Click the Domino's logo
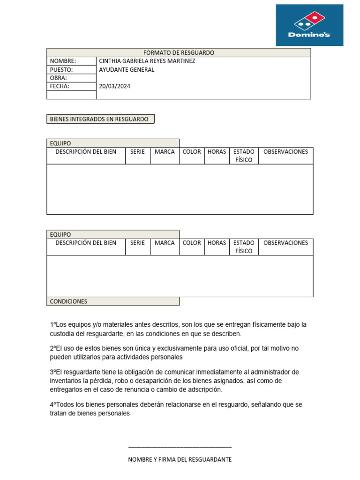(309, 25)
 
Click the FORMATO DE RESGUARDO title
(178, 53)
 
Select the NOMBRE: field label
(63, 61)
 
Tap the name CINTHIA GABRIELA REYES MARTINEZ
(147, 61)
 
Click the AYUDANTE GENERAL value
(127, 70)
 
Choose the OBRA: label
(59, 78)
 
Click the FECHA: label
(60, 86)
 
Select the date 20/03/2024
(115, 86)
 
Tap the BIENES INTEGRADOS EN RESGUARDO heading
(99, 119)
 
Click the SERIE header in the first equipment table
(137, 152)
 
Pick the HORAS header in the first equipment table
(217, 152)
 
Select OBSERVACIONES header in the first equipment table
(286, 152)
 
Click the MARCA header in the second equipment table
(165, 243)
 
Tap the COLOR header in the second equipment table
(192, 243)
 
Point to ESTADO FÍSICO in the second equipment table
(244, 247)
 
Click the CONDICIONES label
(68, 301)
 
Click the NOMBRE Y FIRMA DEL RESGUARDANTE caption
(180, 460)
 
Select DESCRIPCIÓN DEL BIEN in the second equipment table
(86, 243)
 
